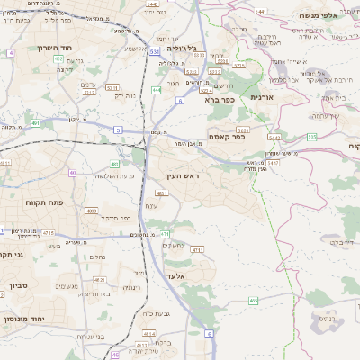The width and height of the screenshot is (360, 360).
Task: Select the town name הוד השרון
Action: coord(54,47)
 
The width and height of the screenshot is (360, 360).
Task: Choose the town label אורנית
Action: coord(261,96)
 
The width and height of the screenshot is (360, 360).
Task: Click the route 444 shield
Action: coord(157,90)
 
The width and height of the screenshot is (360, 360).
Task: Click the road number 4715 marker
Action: coord(197,249)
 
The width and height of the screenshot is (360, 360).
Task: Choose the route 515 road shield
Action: coord(311,136)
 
